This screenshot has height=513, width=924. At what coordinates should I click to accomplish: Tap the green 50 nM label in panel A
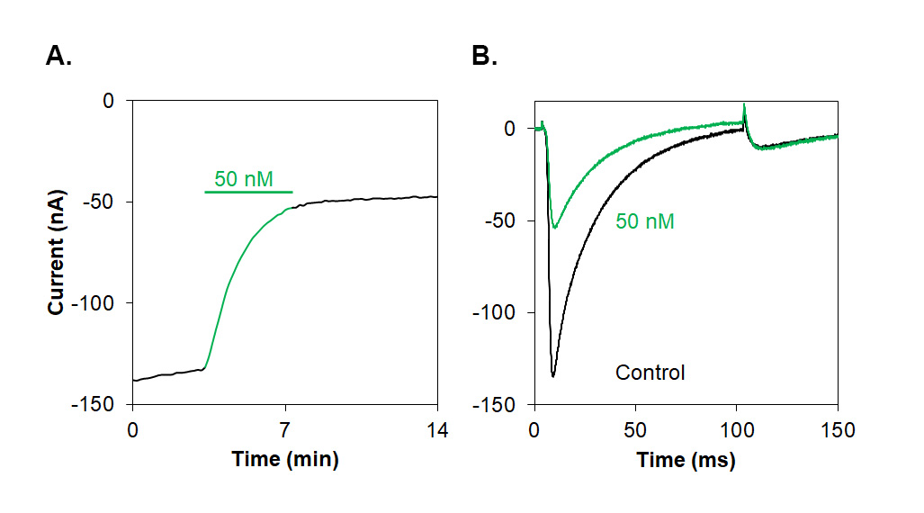coord(243,179)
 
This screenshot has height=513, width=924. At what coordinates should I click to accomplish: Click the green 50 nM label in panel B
coord(645,220)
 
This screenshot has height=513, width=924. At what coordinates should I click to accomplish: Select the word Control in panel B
coord(650,372)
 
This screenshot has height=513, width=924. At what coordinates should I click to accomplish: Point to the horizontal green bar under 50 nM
coord(248,192)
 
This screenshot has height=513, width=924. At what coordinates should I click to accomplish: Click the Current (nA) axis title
coord(57,252)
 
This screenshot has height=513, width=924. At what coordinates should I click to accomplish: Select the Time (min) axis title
coord(285,460)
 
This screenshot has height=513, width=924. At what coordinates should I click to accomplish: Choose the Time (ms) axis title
coord(686,460)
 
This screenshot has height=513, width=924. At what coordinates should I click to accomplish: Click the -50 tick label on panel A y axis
coord(103,202)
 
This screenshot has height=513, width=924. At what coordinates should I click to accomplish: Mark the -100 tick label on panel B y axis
coord(498,312)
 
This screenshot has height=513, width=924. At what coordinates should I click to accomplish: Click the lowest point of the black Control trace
coord(552,375)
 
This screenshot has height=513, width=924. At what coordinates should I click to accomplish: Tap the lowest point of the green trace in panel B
coord(554,228)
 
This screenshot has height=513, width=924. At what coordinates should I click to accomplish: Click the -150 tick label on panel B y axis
coord(498,405)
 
